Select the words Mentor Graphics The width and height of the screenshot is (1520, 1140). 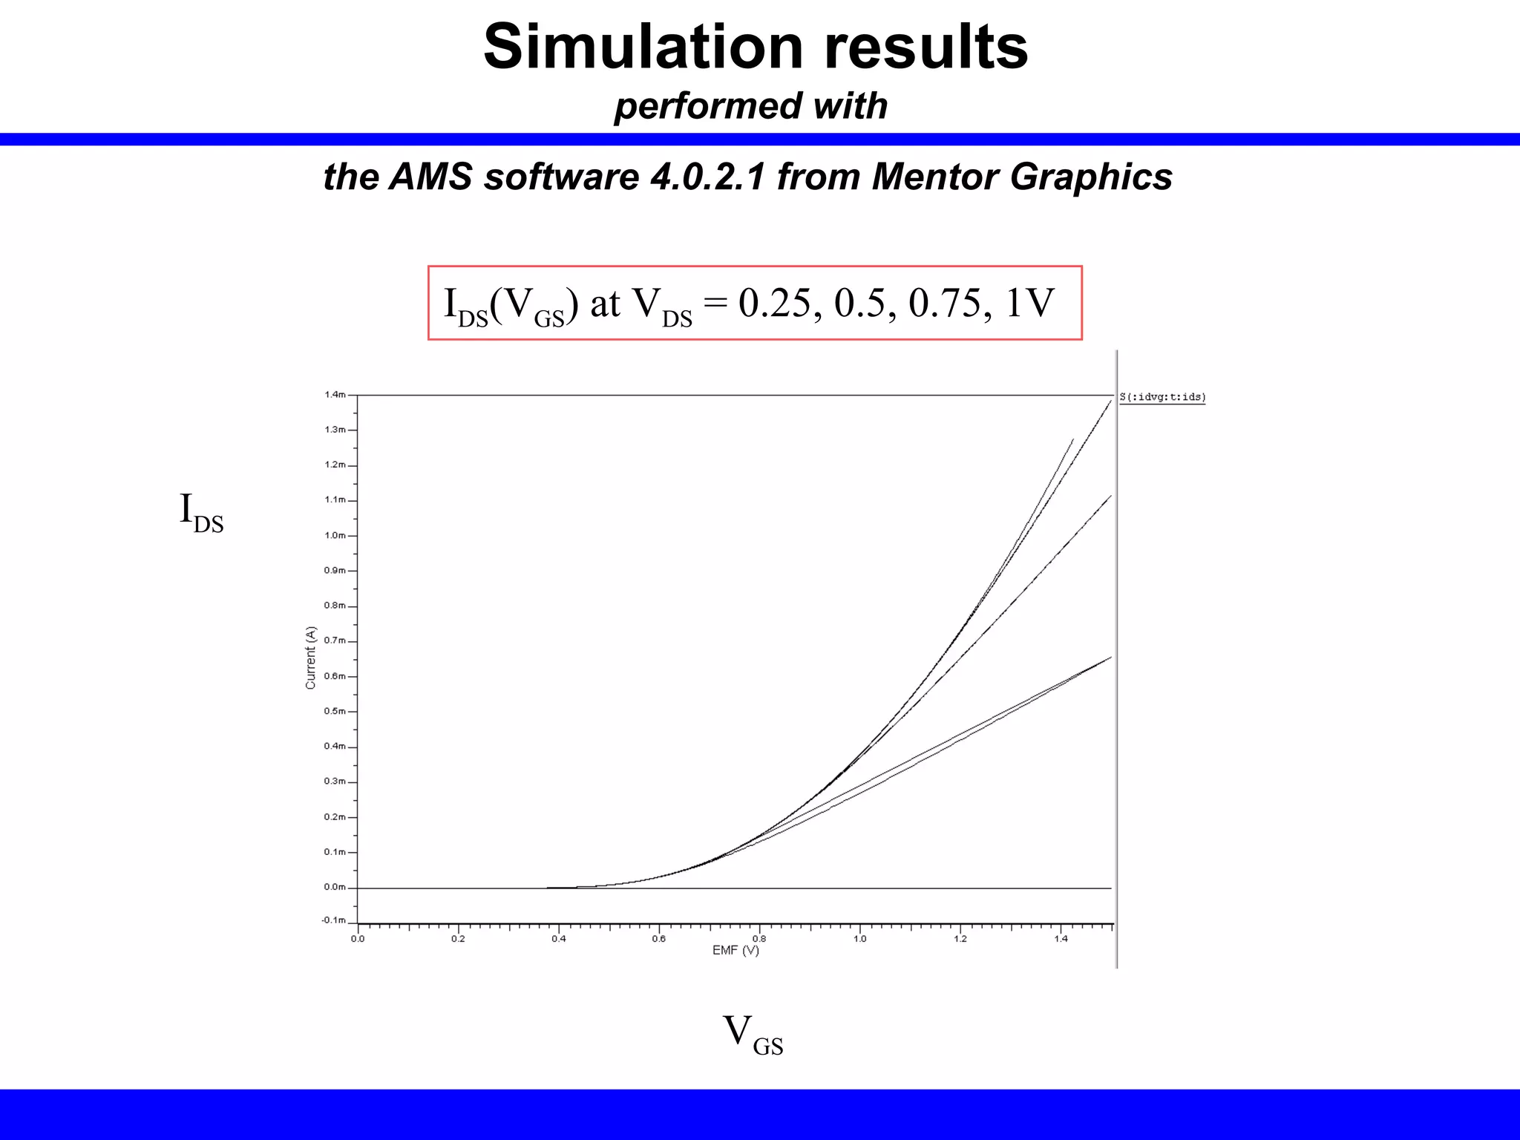(1022, 177)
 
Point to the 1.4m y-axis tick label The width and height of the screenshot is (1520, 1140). (335, 395)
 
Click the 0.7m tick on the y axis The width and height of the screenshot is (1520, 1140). (335, 641)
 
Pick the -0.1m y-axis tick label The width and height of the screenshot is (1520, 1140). (333, 920)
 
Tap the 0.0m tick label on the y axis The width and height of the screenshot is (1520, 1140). (335, 887)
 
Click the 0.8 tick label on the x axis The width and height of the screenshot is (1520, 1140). (759, 939)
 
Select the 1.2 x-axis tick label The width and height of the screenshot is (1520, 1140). (960, 939)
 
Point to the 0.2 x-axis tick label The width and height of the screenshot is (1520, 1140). (458, 939)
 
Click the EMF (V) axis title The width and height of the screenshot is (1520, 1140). (736, 951)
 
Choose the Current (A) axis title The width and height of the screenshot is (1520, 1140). (311, 658)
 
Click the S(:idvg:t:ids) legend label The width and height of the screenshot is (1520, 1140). (1162, 398)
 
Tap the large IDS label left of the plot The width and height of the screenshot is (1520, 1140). (201, 512)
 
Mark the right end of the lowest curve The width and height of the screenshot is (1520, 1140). (1110, 658)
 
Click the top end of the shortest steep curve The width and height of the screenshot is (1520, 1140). (1073, 439)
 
